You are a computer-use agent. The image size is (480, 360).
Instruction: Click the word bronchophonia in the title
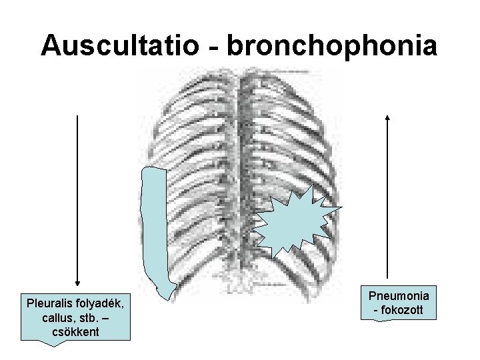pyautogui.click(x=333, y=45)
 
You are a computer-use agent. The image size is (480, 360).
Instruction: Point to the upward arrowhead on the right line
pyautogui.click(x=387, y=117)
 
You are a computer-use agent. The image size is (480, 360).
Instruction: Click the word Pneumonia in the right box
pyautogui.click(x=399, y=295)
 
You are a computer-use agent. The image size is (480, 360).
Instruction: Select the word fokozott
pyautogui.click(x=402, y=310)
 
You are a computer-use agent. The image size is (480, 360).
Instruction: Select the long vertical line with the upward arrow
pyautogui.click(x=387, y=200)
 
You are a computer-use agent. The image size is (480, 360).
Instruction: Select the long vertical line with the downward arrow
pyautogui.click(x=78, y=200)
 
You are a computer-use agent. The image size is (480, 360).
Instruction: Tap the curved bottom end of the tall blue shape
pyautogui.click(x=163, y=290)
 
